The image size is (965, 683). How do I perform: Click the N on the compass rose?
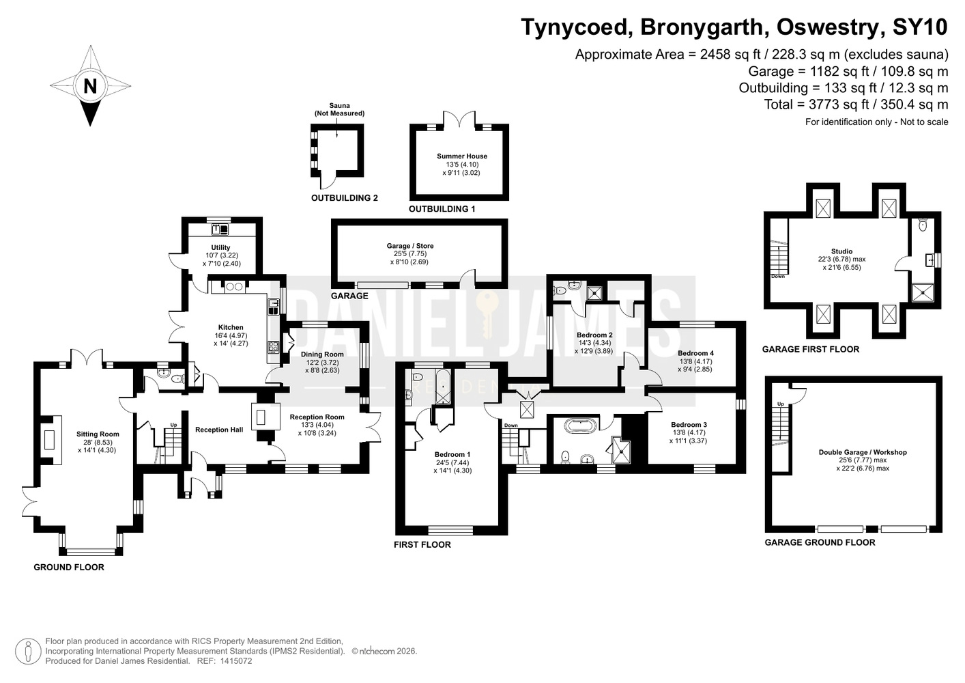tap(90, 86)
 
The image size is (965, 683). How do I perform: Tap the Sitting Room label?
tap(98, 434)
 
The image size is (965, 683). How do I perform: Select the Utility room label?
tap(220, 247)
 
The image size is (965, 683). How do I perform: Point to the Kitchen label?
tap(231, 327)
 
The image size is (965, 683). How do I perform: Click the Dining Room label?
tap(322, 354)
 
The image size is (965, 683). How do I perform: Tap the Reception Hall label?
tap(219, 430)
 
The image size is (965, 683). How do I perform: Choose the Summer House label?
tap(462, 156)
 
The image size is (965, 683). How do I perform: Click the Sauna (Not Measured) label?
tap(339, 109)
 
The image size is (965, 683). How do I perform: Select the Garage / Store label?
tap(410, 246)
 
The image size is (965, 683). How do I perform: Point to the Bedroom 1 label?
tap(452, 454)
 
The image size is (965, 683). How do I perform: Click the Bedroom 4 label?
tap(695, 353)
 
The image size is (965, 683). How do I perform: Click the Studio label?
tap(841, 251)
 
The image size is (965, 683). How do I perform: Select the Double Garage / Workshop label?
tap(863, 452)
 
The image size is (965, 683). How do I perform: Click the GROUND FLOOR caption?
tap(69, 567)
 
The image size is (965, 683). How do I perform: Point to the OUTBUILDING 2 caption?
tap(345, 198)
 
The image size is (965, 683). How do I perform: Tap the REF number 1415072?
tap(236, 661)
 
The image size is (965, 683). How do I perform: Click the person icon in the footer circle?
tap(28, 651)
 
